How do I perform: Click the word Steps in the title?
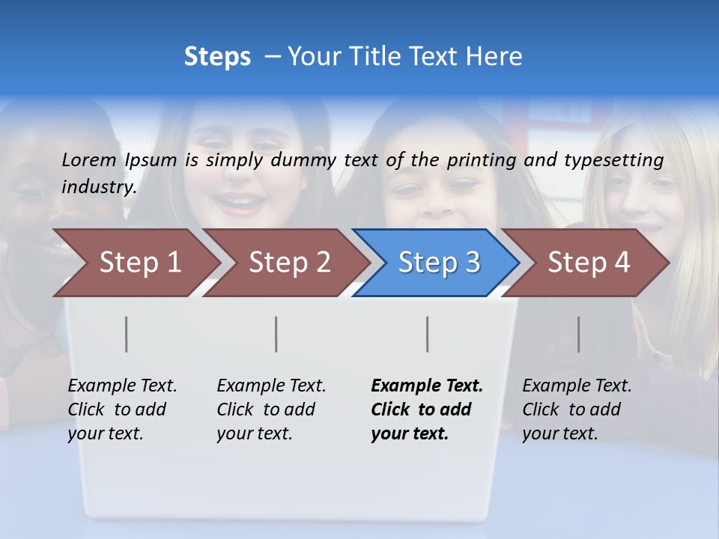[217, 57]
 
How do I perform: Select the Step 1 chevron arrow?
[139, 263]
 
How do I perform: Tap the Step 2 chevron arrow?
[289, 263]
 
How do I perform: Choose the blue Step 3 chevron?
[438, 263]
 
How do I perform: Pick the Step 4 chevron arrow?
[588, 263]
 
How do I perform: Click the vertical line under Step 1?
[127, 334]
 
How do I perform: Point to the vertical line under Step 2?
[276, 334]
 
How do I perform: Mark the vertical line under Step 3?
[428, 334]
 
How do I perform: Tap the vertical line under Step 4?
[578, 334]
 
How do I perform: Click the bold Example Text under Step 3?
[426, 409]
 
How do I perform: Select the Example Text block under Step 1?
[122, 409]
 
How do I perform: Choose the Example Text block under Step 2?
[271, 409]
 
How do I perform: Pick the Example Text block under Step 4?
[577, 409]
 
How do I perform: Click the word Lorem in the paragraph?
[89, 159]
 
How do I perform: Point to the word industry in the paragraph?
[99, 187]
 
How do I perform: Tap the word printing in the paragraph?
[479, 160]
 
